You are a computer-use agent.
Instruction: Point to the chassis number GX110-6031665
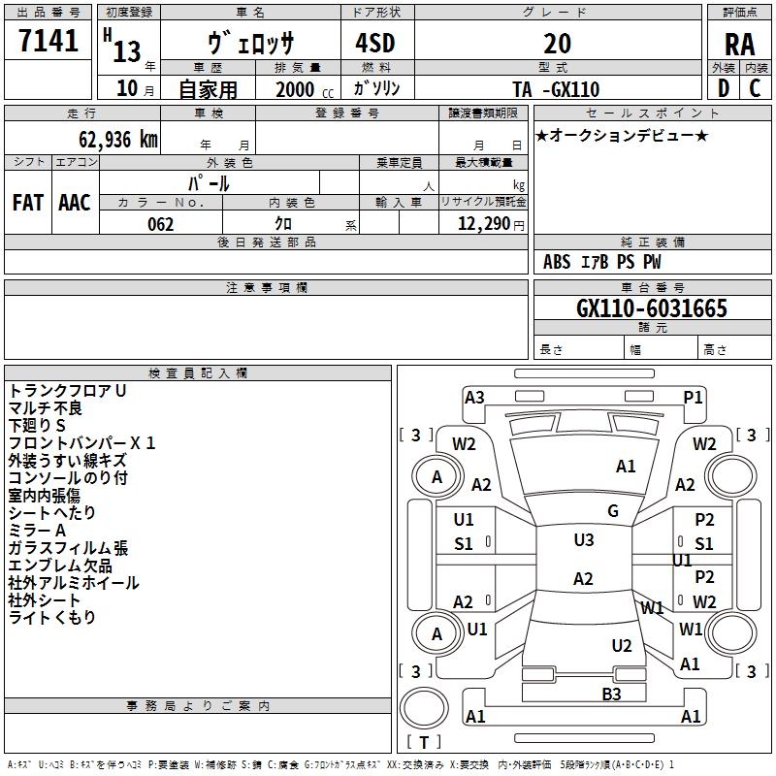[652, 308]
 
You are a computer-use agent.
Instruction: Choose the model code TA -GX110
[556, 90]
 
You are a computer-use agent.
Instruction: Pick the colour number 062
[160, 224]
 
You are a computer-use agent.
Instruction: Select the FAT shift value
[28, 203]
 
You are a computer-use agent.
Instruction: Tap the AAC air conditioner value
[75, 203]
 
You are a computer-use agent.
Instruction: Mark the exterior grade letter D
[723, 89]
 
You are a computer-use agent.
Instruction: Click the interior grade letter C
[755, 89]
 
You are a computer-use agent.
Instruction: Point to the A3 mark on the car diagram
[474, 397]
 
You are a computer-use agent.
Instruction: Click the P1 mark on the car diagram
[693, 397]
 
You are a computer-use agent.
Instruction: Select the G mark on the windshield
[613, 511]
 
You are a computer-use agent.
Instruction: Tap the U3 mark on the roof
[583, 540]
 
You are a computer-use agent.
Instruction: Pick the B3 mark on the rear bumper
[611, 694]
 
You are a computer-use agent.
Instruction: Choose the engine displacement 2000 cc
[301, 90]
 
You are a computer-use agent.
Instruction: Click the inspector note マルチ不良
[47, 408]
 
